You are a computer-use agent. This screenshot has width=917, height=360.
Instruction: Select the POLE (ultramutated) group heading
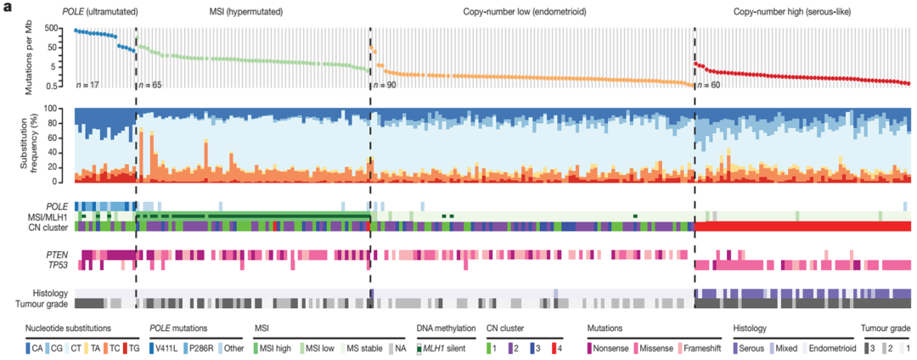tap(100, 13)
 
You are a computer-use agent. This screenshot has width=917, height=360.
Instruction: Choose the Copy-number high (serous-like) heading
tap(797, 13)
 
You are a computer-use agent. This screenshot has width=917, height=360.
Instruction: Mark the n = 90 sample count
tap(385, 85)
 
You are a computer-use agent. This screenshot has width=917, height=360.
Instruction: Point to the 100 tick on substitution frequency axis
tap(61, 110)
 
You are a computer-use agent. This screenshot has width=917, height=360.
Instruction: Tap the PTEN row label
tap(56, 254)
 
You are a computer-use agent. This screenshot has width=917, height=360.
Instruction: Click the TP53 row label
tap(56, 265)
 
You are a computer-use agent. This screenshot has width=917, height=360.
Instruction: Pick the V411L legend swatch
tap(154, 346)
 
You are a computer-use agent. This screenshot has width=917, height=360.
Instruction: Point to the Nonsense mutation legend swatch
tap(592, 346)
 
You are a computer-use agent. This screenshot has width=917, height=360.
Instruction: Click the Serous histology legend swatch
tap(737, 346)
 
